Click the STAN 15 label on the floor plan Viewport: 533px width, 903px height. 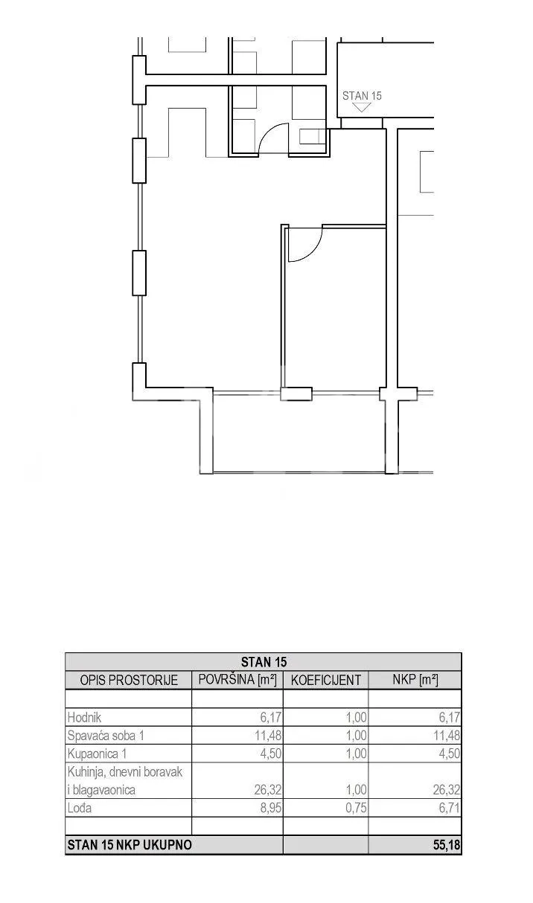click(x=362, y=96)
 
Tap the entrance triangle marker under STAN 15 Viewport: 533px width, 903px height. click(x=362, y=107)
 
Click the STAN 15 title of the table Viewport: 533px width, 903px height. click(x=264, y=661)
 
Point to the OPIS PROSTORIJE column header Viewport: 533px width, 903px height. click(x=129, y=680)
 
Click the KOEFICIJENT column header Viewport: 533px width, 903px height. click(x=326, y=680)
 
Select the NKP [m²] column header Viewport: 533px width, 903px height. click(x=415, y=680)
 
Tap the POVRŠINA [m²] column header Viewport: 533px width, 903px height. click(x=237, y=680)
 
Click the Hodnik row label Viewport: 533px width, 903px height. click(x=84, y=718)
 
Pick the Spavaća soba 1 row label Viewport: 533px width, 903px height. click(x=106, y=736)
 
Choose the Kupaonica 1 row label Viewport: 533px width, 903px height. click(x=98, y=753)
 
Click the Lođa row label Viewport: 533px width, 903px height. click(x=80, y=809)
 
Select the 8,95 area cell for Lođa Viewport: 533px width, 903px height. click(x=271, y=809)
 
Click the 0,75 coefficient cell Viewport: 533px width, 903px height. click(x=357, y=809)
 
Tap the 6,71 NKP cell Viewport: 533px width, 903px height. click(x=450, y=809)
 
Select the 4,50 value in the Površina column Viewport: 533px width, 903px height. click(x=271, y=753)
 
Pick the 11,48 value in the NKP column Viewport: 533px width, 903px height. click(x=447, y=736)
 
